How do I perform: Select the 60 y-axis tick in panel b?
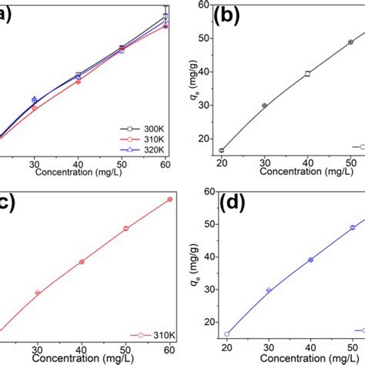click(204, 5)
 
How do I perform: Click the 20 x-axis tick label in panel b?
click(223, 164)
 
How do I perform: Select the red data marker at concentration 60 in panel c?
click(170, 199)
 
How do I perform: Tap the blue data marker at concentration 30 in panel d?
click(269, 290)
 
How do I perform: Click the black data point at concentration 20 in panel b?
click(223, 150)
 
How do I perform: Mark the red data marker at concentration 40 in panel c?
click(82, 262)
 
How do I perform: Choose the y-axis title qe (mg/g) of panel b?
click(189, 81)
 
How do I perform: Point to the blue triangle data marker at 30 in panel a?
click(34, 100)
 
